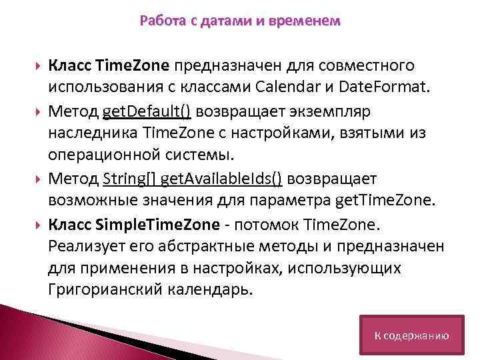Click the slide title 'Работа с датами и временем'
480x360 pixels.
pyautogui.click(x=240, y=21)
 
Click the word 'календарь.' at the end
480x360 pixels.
pyautogui.click(x=218, y=290)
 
